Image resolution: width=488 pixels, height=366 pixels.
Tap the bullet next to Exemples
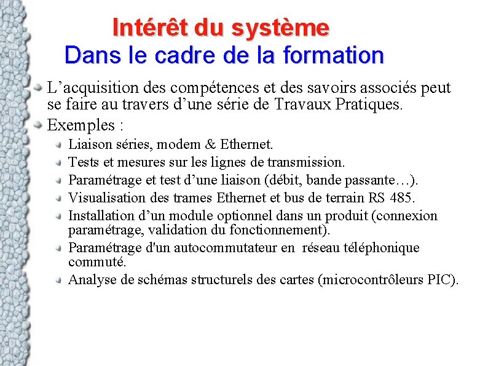[x=39, y=125]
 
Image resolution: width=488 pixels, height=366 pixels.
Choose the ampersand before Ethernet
[x=211, y=145]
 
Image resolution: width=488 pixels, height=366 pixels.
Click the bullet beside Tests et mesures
[x=59, y=162]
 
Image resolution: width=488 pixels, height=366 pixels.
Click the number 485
[x=403, y=198]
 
